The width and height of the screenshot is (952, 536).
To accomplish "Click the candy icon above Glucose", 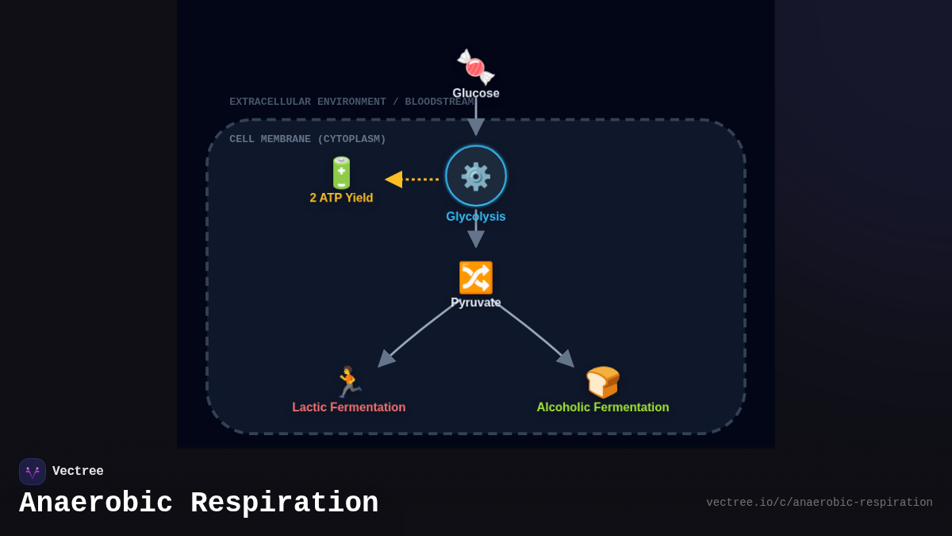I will pos(475,67).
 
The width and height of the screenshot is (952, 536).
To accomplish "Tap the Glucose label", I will pos(476,93).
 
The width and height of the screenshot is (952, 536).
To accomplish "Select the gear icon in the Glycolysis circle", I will pos(476,176).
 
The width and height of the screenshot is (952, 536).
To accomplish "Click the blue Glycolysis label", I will pos(476,217).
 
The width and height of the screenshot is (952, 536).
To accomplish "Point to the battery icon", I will pos(341,172).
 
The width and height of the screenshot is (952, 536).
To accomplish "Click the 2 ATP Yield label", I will pos(341,198).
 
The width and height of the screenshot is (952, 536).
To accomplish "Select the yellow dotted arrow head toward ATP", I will pos(394,179).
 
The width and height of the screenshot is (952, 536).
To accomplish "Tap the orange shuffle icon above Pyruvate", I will pos(476,278).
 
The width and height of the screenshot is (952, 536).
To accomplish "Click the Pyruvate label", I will pos(476,303).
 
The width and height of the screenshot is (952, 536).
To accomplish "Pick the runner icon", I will pos(348,382).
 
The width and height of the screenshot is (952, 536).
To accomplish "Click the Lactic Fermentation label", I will pos(349,407).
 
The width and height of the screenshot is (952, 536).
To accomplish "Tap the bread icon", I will pos(603,382).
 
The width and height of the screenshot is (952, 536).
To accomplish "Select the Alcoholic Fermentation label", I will pos(603,407).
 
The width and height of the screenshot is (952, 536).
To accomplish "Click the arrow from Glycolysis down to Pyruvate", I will pos(476,235).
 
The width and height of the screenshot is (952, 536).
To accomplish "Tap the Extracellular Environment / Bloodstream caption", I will pos(351,102).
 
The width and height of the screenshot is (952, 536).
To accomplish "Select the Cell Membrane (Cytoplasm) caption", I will pos(308,139).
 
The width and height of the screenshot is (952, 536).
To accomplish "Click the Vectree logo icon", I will pos(33,472).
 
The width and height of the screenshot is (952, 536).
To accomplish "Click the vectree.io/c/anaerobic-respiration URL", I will pos(820,503).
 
